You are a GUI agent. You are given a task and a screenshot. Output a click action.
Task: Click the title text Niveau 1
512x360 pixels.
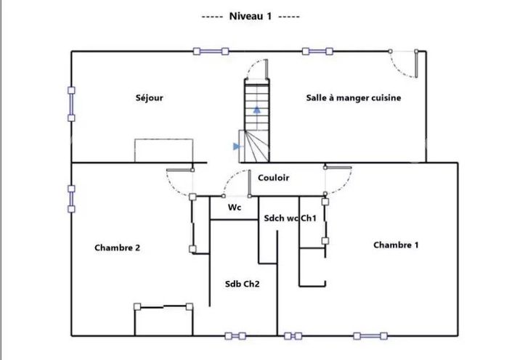[x=249, y=16]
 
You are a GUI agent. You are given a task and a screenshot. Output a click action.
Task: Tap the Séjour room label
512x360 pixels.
[x=149, y=98]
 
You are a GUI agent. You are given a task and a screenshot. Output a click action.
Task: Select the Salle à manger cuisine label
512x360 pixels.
[x=353, y=97]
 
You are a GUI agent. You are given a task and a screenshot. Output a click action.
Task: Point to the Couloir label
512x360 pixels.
[x=273, y=177]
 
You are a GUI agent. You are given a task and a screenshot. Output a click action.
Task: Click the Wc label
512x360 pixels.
[x=235, y=207]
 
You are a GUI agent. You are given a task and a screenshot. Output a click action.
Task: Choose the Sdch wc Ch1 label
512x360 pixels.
[x=290, y=218]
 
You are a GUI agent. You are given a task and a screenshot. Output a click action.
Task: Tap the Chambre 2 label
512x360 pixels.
[x=117, y=247]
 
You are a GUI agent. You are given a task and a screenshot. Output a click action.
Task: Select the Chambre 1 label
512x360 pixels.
[x=396, y=245]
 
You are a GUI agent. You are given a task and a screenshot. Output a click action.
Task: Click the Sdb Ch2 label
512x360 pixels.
[x=242, y=284]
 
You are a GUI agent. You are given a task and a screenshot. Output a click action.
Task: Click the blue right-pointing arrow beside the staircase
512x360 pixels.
[x=236, y=146]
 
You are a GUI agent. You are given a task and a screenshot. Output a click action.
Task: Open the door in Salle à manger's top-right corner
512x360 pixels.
[x=405, y=64]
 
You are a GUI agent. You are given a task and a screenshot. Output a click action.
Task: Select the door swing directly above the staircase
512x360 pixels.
[x=256, y=70]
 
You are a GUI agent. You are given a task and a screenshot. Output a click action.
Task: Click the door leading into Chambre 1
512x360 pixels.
[x=338, y=181]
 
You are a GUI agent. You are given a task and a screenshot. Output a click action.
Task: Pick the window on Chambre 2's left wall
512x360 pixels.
[x=71, y=199]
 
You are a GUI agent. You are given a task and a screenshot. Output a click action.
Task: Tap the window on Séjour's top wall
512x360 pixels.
[x=211, y=51]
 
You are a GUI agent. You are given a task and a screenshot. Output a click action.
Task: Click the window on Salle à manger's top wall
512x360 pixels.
[x=317, y=51]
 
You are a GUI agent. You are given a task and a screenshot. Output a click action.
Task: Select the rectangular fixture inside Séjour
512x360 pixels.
[x=164, y=150]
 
